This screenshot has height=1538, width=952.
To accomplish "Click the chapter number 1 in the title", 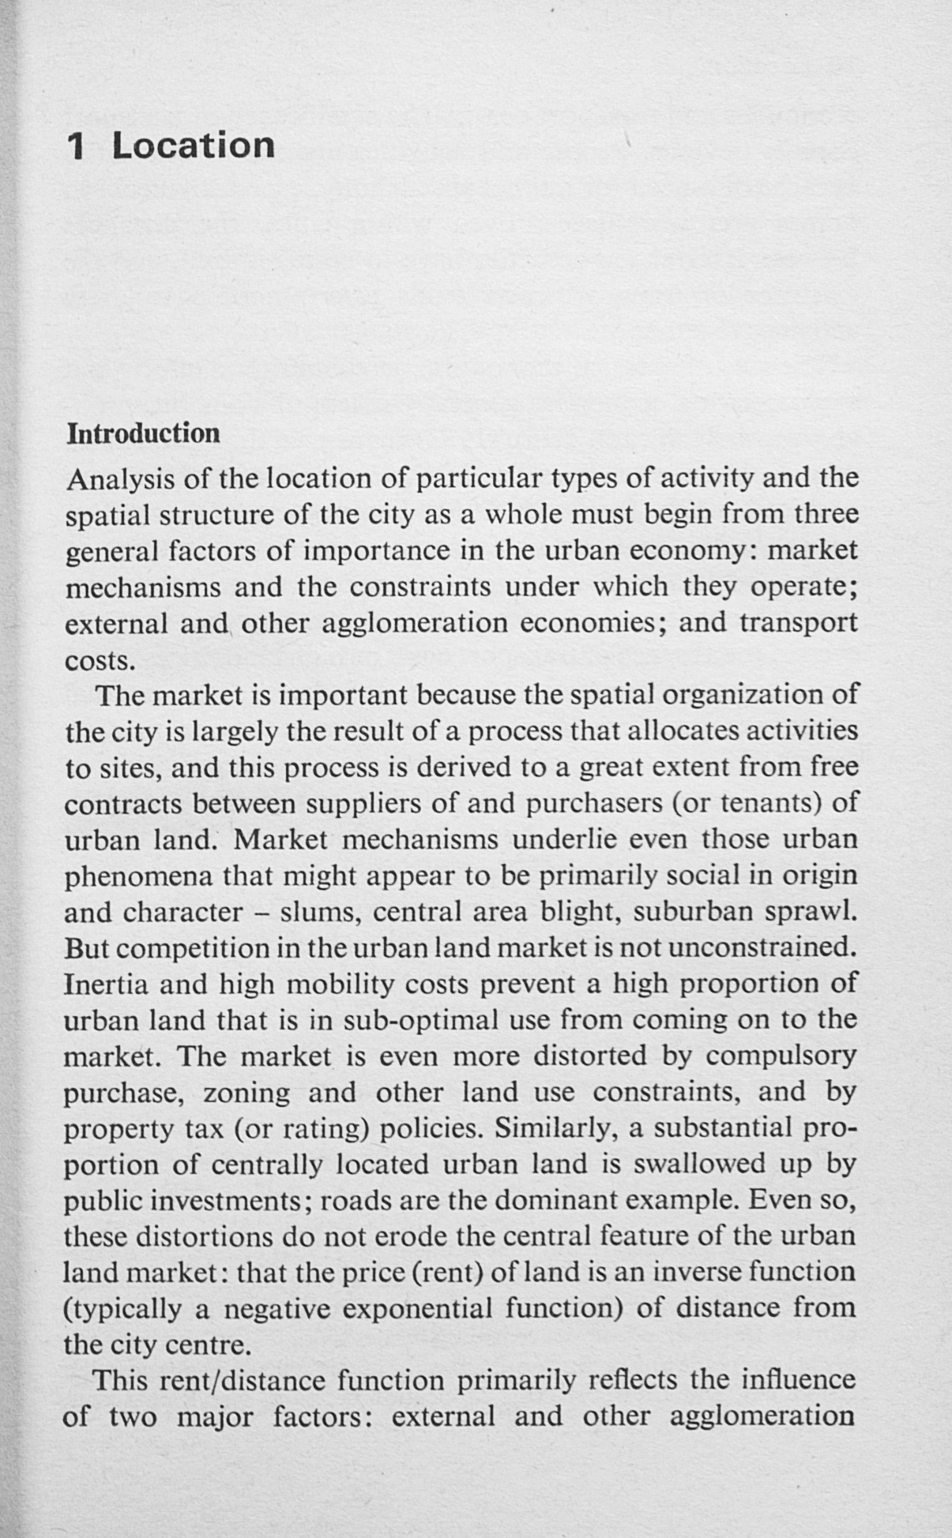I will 77,146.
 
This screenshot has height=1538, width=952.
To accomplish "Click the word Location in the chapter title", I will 194,146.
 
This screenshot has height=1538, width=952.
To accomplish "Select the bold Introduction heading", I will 143,433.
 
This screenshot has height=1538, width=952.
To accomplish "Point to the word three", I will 826,515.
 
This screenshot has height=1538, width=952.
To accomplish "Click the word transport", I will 798,623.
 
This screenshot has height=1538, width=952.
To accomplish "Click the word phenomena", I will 138,876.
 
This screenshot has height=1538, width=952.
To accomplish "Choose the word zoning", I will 246,1093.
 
